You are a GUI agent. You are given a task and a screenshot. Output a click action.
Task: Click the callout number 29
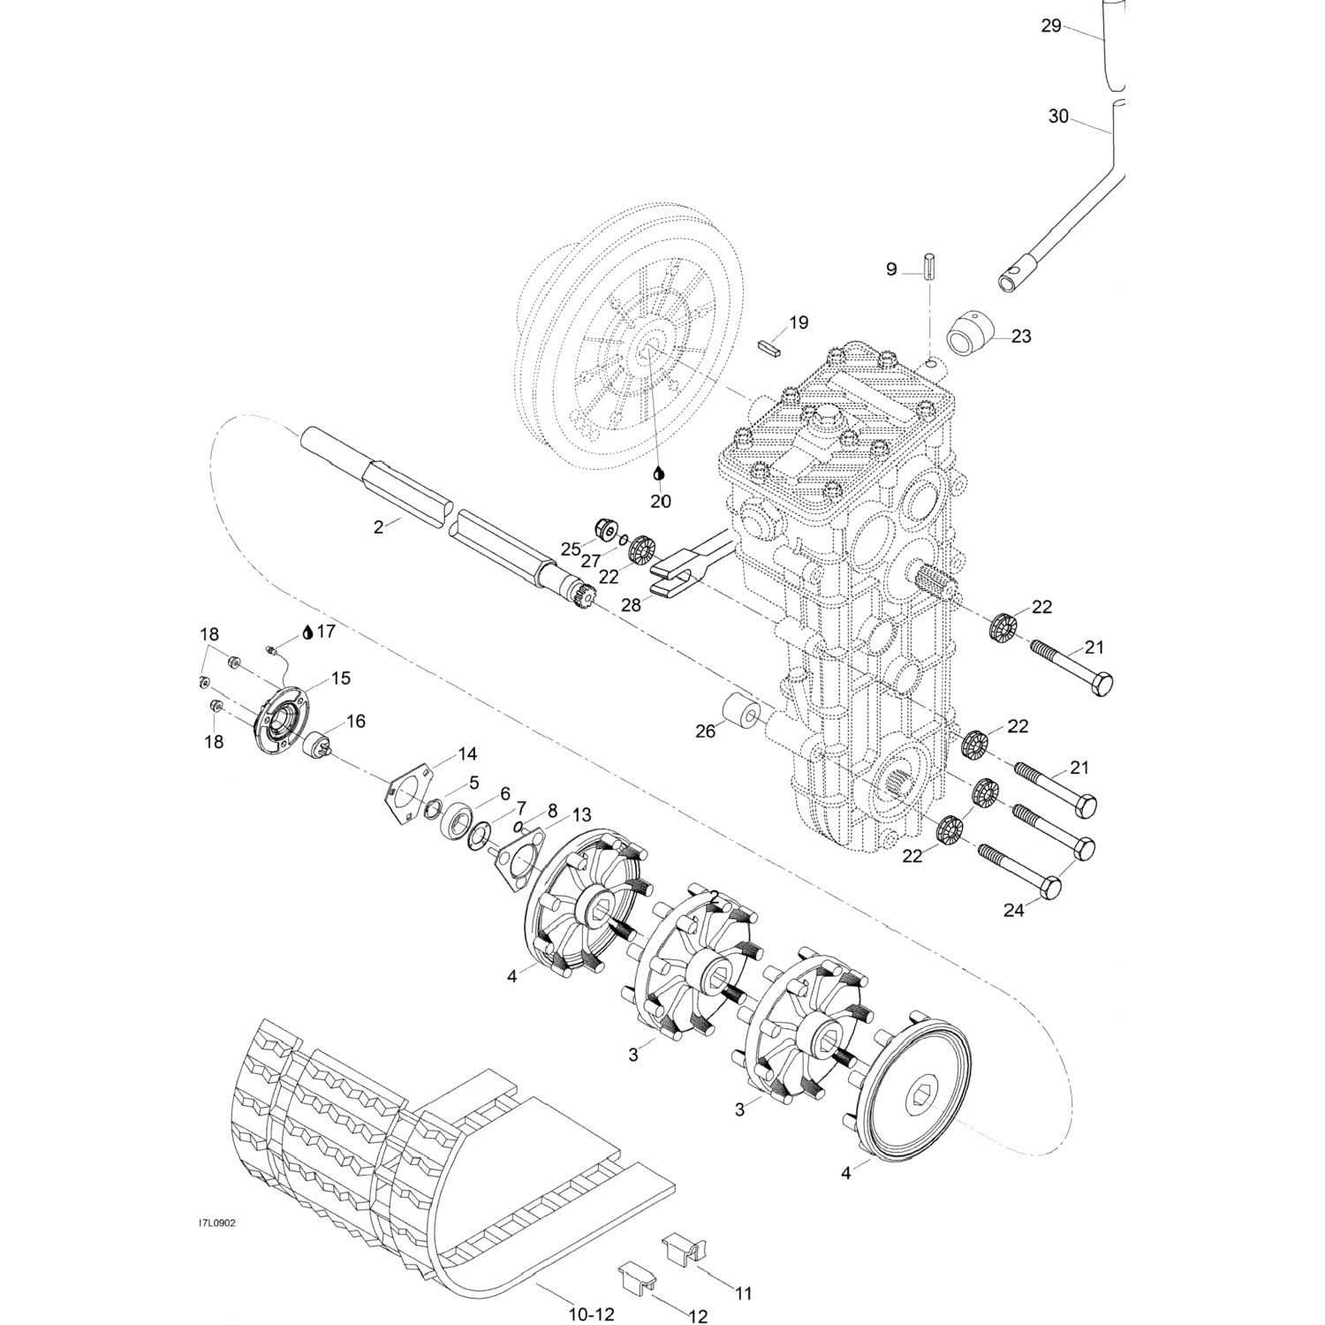click(x=1050, y=26)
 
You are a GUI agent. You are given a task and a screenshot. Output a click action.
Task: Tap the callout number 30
click(x=1058, y=116)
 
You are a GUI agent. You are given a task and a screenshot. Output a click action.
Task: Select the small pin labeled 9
click(x=929, y=266)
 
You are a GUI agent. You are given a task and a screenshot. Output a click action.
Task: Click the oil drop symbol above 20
click(x=659, y=475)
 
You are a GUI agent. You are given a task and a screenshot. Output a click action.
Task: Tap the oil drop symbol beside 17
click(x=307, y=632)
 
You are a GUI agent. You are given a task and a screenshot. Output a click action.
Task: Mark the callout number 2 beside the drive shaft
click(x=378, y=527)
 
